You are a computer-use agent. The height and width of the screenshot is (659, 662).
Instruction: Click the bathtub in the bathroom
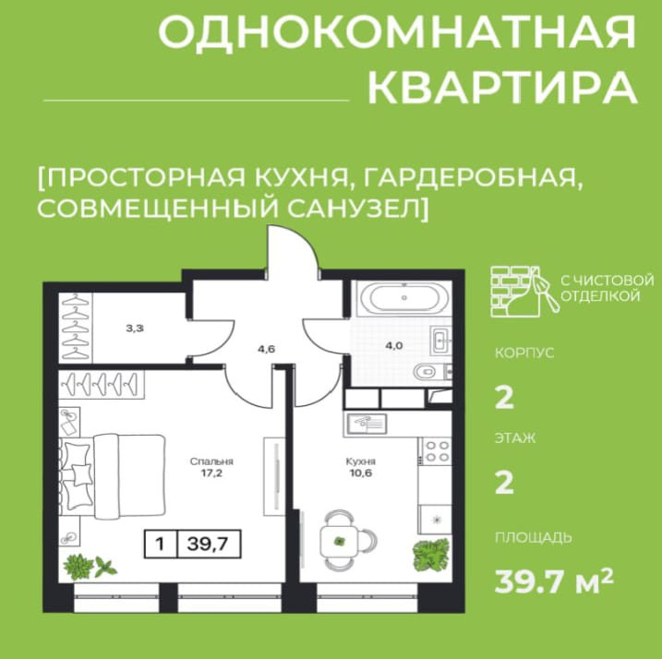click(x=404, y=297)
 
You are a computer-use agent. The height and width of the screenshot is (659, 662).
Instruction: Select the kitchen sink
click(x=367, y=425)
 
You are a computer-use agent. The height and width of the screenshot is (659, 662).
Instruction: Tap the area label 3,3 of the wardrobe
click(x=134, y=328)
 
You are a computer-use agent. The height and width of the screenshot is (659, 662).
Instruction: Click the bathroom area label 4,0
click(x=394, y=346)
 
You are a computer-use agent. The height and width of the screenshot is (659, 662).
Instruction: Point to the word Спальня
click(x=211, y=461)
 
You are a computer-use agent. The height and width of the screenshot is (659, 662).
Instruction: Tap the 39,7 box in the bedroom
click(x=209, y=544)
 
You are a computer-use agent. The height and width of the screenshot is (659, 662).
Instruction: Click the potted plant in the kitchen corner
click(x=431, y=555)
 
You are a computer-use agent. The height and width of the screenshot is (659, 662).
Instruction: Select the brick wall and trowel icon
click(x=524, y=292)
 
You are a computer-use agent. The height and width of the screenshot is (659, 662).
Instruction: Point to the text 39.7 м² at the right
click(x=553, y=581)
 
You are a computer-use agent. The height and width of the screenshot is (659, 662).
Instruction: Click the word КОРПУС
click(x=524, y=353)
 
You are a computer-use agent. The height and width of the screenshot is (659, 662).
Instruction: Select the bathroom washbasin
click(x=440, y=340)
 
